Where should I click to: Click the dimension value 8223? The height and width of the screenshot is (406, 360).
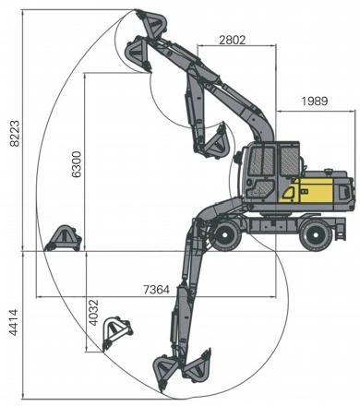[15, 133]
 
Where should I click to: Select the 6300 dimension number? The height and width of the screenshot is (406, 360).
[77, 164]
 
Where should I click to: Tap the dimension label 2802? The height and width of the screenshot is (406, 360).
[233, 40]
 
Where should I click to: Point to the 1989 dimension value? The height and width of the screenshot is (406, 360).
[315, 101]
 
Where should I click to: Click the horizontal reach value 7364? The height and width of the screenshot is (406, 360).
[157, 290]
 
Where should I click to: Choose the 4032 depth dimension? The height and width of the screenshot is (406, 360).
[93, 313]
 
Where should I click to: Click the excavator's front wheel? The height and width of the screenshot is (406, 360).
[225, 235]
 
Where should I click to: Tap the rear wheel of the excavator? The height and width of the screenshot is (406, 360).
[316, 235]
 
